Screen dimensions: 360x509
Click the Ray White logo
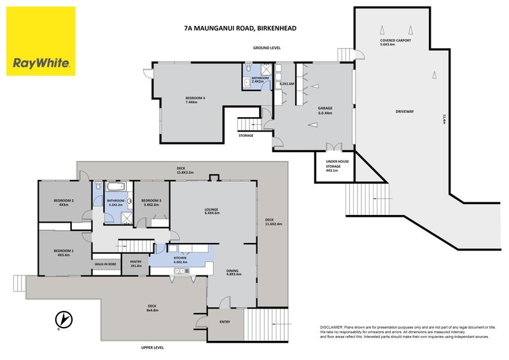coord(41,41)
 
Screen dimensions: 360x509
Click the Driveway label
coord(404,111)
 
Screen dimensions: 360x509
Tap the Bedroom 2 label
coord(64,202)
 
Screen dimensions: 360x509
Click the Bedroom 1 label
coord(64,253)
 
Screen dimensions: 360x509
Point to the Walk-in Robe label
coord(105,263)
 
